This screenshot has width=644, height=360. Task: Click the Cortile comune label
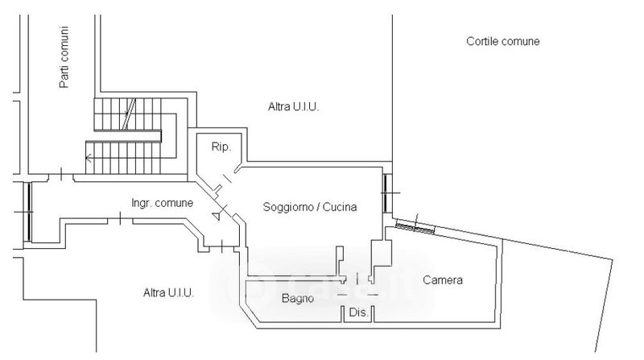point(502,41)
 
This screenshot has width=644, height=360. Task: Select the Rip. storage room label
point(221,147)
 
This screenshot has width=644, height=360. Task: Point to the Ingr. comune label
point(162,203)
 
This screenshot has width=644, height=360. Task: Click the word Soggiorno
point(287,207)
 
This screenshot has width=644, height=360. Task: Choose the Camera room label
point(443,280)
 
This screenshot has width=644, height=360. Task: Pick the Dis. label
point(358,312)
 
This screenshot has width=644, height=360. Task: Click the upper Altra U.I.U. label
point(294,106)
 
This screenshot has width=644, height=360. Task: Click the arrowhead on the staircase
point(89,158)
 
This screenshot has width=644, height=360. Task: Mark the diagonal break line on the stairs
point(128,114)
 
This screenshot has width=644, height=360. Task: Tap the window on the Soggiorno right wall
point(387,194)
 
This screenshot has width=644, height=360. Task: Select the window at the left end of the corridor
point(29,210)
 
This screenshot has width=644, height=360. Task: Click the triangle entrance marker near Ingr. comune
point(216,216)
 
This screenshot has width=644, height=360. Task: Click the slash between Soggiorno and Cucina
point(318,207)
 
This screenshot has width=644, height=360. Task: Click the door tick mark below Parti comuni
point(61,173)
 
